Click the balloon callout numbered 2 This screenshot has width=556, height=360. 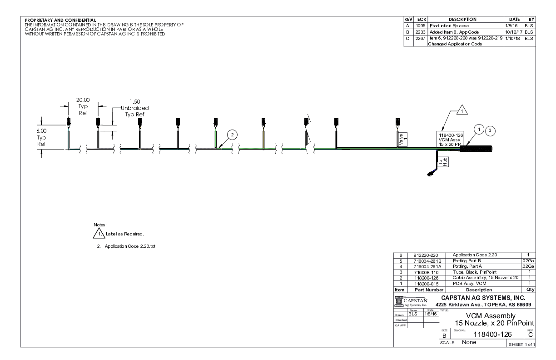tap(232, 135)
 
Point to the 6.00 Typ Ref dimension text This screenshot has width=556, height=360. tap(41, 137)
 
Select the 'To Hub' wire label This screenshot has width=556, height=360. tap(442, 163)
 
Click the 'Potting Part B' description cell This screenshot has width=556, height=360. tap(468, 261)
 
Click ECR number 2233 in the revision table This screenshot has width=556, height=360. tap(420, 32)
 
